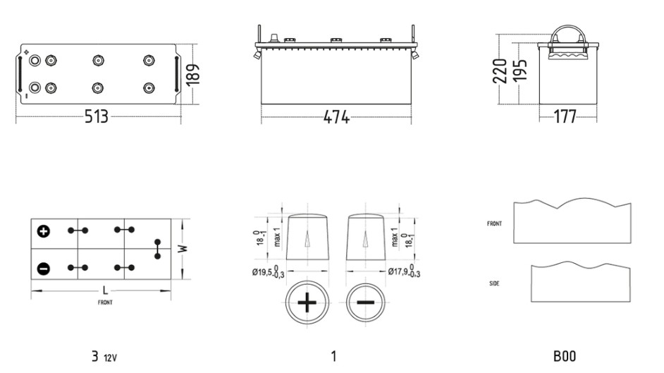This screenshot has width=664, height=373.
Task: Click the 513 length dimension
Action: [x=96, y=116]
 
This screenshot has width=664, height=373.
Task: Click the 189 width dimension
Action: [x=192, y=75]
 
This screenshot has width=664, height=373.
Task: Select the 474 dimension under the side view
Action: [x=336, y=117]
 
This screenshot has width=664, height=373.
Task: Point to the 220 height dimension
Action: [x=500, y=71]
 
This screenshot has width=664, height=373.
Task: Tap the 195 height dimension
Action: [x=520, y=71]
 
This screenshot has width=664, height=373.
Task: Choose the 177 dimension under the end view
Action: [x=565, y=116]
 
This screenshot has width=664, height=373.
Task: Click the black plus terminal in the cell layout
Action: [x=44, y=231]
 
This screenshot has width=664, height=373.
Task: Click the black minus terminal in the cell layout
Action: [x=44, y=269]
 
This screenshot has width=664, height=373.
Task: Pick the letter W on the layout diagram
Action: [x=183, y=248]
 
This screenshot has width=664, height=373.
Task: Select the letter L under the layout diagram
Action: [x=105, y=291]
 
